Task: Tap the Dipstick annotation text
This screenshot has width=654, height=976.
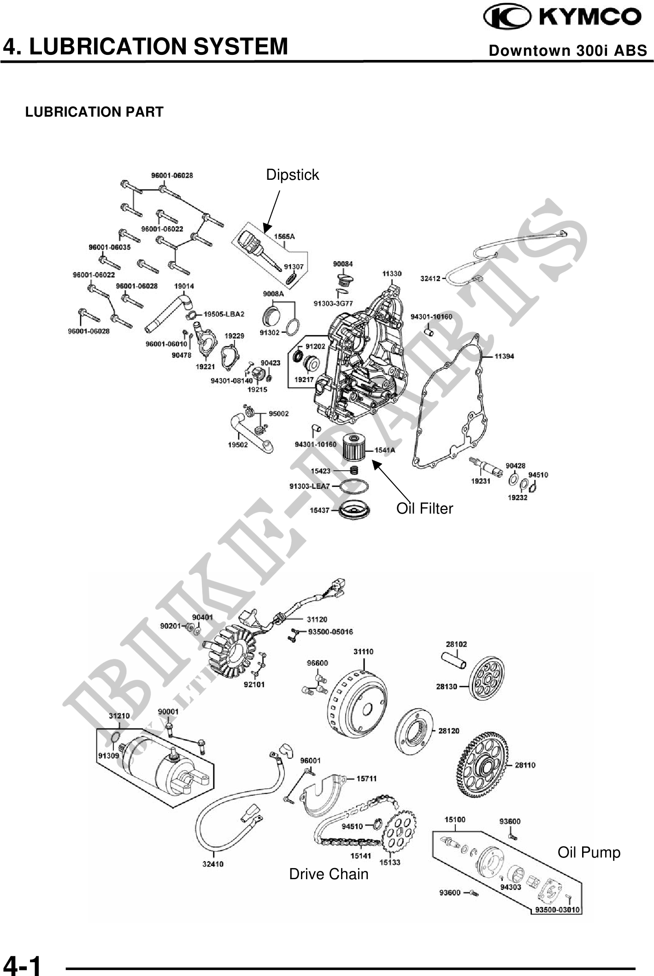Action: tap(292, 175)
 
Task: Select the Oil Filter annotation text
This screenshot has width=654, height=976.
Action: tap(424, 508)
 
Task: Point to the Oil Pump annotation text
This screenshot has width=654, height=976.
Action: tap(589, 852)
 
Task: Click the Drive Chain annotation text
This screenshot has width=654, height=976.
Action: tap(329, 874)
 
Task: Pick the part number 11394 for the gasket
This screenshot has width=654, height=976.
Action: tap(504, 356)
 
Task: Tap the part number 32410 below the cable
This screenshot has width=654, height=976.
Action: tap(213, 864)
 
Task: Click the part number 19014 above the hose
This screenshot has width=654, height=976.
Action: tap(184, 286)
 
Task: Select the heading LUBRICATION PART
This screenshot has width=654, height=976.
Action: tap(94, 112)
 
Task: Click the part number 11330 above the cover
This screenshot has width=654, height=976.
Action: tap(392, 273)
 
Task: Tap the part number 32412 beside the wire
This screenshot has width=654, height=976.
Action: tap(430, 278)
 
